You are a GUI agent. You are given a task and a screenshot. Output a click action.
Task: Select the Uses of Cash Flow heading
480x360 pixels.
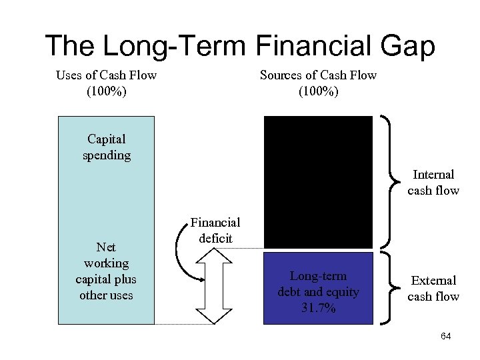point(106,75)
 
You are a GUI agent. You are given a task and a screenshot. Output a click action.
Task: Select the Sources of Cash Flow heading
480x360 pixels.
point(318,75)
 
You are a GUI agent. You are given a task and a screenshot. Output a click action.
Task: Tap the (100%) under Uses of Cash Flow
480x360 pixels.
point(106,91)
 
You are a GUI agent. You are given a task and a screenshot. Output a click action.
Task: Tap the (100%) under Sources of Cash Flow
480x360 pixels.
point(318,91)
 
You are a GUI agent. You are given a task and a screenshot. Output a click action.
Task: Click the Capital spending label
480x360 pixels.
point(106,147)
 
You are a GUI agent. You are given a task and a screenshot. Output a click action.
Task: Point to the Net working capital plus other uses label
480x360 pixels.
point(106,271)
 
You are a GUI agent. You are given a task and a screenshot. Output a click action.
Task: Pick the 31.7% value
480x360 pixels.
point(318,308)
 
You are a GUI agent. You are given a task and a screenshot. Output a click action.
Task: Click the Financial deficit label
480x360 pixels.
point(215,230)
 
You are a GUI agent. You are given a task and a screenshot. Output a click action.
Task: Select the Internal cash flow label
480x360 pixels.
point(433,182)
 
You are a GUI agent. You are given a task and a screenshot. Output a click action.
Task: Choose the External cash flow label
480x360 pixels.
point(433,288)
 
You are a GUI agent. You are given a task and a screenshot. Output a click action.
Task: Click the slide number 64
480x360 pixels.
point(446,337)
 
